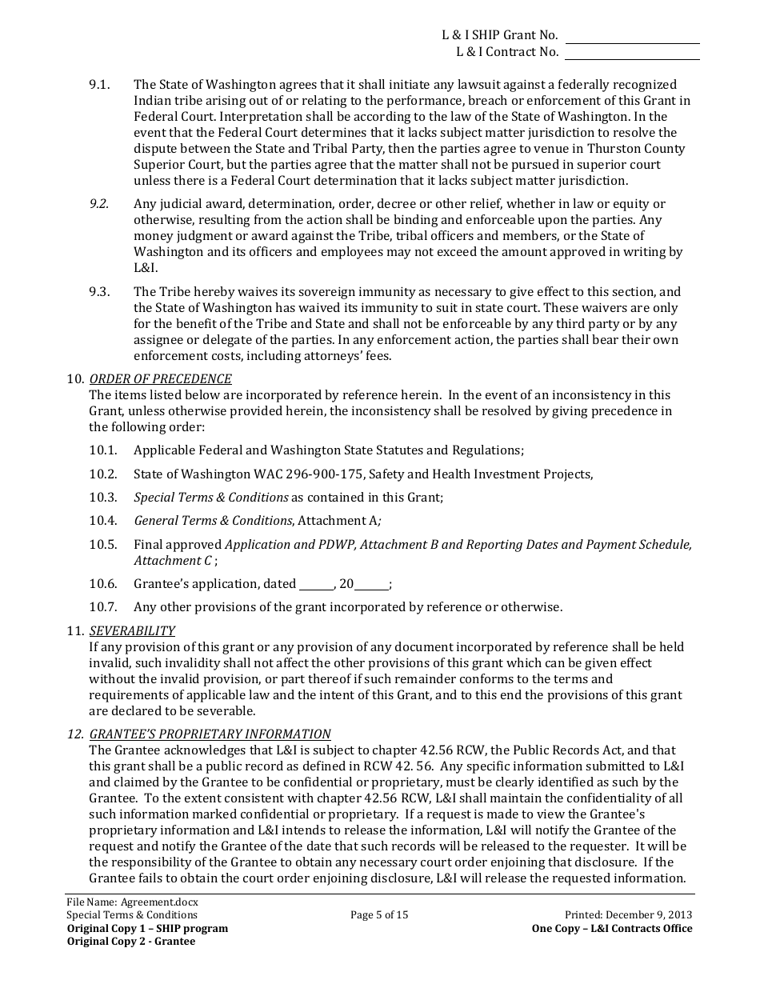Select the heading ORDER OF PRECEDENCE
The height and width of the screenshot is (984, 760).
click(x=160, y=379)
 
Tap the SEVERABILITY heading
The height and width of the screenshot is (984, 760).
click(x=132, y=631)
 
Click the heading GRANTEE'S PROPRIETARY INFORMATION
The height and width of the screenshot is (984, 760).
click(x=210, y=734)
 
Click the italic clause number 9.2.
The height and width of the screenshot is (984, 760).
click(x=99, y=204)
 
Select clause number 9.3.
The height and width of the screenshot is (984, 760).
click(x=99, y=292)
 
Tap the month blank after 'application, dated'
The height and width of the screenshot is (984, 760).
click(x=316, y=585)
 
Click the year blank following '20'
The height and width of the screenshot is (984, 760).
click(x=371, y=585)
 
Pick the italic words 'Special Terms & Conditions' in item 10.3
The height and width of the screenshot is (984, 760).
click(x=210, y=498)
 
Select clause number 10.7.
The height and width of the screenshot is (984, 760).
click(x=102, y=607)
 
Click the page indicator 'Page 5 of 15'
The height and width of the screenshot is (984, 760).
click(x=379, y=915)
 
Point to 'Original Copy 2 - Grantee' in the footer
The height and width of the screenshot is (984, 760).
click(x=130, y=942)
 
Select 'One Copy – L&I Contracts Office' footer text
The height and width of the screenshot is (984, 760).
click(x=612, y=929)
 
